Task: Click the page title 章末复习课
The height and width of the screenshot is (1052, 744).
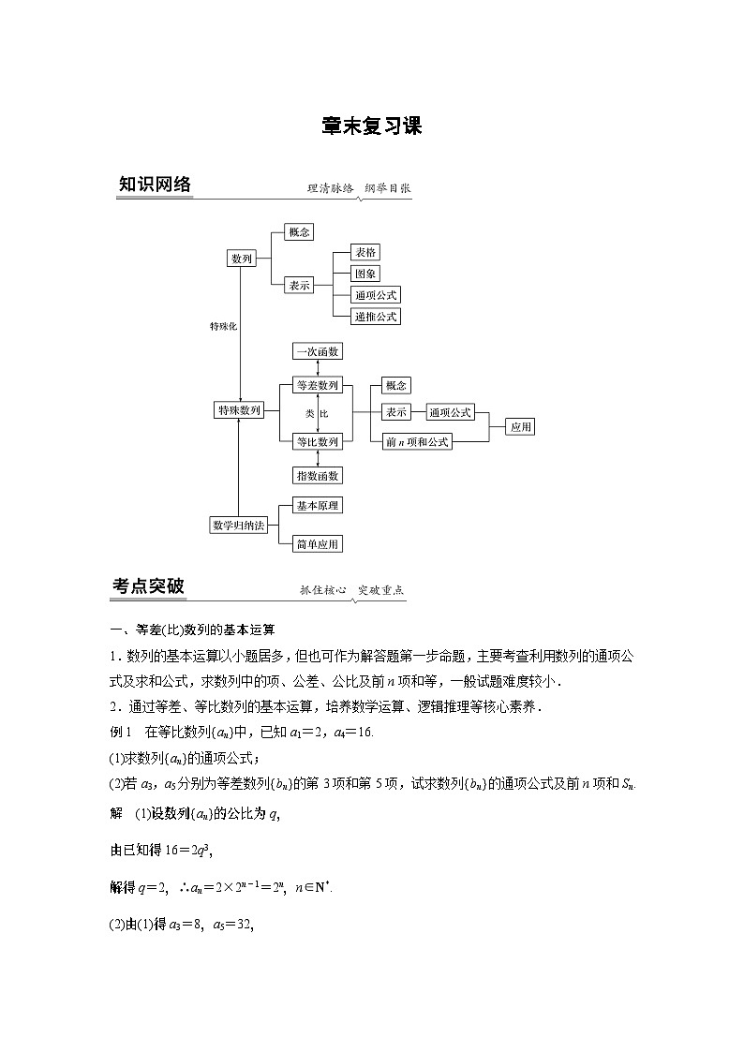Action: click(x=371, y=126)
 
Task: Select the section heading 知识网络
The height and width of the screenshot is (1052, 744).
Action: click(x=155, y=185)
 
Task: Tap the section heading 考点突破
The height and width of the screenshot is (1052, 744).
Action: click(x=148, y=586)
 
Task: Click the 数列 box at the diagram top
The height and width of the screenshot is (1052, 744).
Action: click(x=242, y=259)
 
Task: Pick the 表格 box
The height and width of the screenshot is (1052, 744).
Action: click(x=365, y=252)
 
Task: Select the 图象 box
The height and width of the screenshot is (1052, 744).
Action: click(x=365, y=274)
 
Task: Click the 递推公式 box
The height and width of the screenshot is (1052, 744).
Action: click(x=376, y=317)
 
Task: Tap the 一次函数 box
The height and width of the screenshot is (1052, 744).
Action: click(x=318, y=351)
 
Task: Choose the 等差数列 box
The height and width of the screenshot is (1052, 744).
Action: click(x=318, y=385)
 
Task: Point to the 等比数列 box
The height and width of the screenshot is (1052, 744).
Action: click(x=318, y=441)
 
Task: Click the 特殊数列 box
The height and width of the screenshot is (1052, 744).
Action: click(x=239, y=410)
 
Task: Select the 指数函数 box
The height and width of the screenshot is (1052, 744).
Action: click(x=318, y=475)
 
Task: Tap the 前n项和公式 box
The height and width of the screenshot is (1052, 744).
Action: click(x=417, y=441)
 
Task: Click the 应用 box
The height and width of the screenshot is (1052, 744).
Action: click(x=521, y=427)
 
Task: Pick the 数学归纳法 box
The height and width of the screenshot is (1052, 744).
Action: click(x=238, y=526)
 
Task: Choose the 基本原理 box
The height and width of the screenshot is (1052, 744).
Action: click(x=318, y=506)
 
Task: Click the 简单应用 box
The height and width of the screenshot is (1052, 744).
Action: click(x=318, y=543)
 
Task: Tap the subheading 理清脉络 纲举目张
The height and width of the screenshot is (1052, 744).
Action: click(x=359, y=187)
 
